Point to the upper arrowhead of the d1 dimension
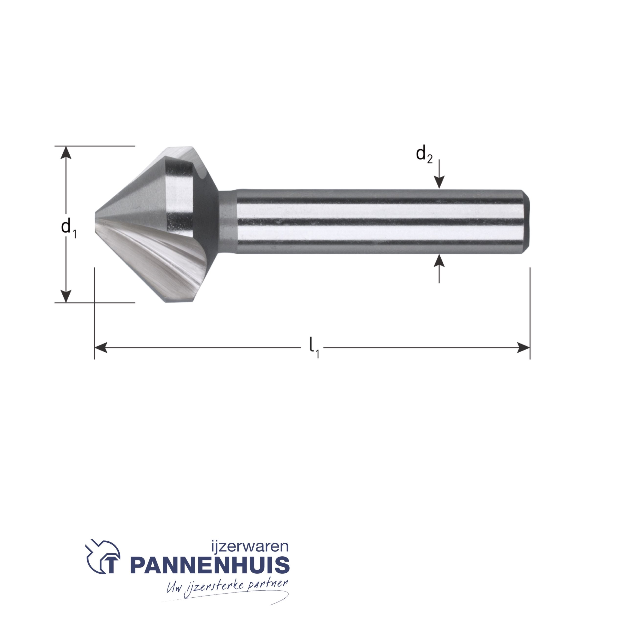(66, 152)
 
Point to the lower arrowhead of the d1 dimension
(66, 296)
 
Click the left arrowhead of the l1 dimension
(101, 348)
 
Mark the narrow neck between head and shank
(228, 222)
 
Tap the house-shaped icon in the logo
(103, 559)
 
